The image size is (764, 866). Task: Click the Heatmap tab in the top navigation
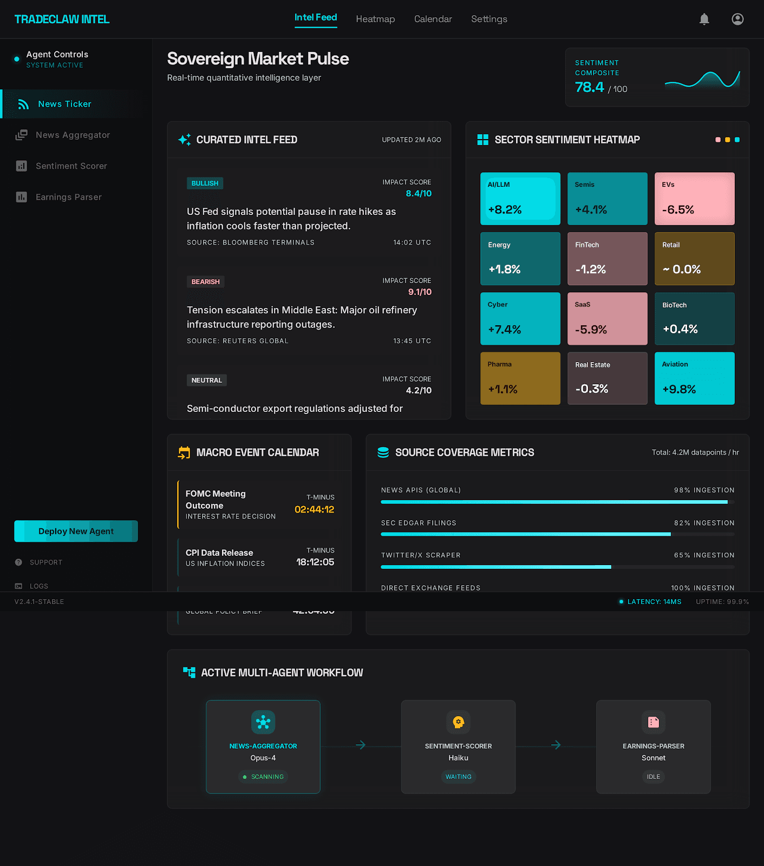(x=375, y=19)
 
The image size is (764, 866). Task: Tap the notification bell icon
(x=704, y=19)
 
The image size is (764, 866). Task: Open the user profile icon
(x=737, y=19)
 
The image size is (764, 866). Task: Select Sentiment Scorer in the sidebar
(x=71, y=166)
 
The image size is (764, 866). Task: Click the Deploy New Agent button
(x=76, y=531)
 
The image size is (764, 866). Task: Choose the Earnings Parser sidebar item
(x=68, y=197)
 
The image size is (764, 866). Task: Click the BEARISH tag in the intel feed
(x=205, y=281)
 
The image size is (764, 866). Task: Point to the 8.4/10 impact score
(x=419, y=193)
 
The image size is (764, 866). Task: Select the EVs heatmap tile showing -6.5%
(x=694, y=199)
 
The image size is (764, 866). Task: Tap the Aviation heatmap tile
(x=694, y=378)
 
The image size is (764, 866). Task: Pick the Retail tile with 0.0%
(x=694, y=259)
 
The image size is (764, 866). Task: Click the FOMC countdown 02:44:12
(x=314, y=509)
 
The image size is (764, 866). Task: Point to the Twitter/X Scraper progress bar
(x=557, y=567)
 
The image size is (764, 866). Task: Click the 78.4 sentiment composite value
(x=589, y=87)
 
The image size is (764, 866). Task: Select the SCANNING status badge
(x=263, y=777)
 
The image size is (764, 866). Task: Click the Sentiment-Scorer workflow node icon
(x=458, y=722)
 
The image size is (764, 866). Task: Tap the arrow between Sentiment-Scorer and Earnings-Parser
(x=556, y=745)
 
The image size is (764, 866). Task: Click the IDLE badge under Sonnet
(x=653, y=777)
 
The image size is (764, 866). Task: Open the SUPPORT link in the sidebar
(x=46, y=562)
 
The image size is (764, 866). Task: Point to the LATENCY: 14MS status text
(x=654, y=602)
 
